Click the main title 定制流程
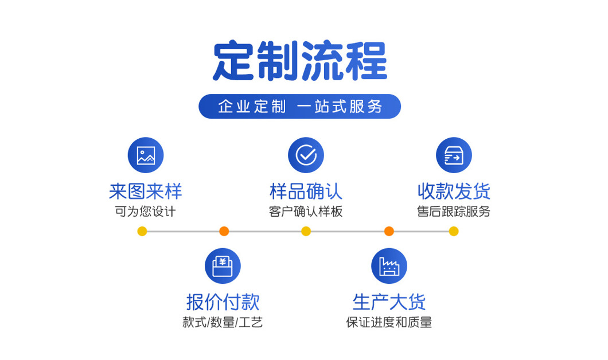click(x=300, y=61)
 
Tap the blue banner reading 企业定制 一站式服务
click(x=299, y=106)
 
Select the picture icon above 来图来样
click(x=146, y=155)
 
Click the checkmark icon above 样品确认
click(x=306, y=155)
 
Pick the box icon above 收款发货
click(x=454, y=155)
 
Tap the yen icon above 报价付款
click(x=223, y=266)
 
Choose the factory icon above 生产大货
click(x=389, y=266)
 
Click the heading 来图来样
click(x=146, y=191)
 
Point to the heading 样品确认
click(x=306, y=191)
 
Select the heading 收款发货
click(x=454, y=191)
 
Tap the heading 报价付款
click(x=223, y=302)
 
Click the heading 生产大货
click(x=389, y=302)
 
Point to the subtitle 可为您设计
click(x=146, y=211)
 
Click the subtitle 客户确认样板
click(x=306, y=211)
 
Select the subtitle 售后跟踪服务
click(x=454, y=211)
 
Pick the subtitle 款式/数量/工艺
click(x=223, y=322)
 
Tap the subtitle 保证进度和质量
click(x=389, y=322)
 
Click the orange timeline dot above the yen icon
click(x=224, y=231)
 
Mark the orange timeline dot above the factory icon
click(x=389, y=231)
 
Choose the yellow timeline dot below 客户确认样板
click(x=306, y=231)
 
